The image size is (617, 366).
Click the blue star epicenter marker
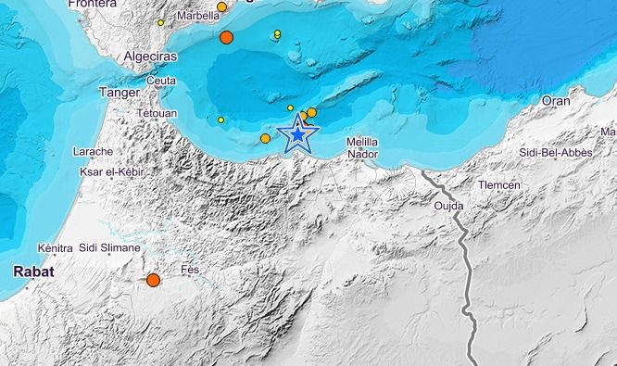(x=297, y=136)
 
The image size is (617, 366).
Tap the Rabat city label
(x=32, y=271)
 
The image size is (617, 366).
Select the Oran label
(x=556, y=101)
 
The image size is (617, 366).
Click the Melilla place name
(x=361, y=142)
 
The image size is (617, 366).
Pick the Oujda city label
(x=448, y=206)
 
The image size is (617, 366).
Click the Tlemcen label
(x=501, y=184)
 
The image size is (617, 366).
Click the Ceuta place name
(x=161, y=81)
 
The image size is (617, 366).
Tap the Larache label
(x=93, y=151)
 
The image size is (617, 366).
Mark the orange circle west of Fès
(x=154, y=280)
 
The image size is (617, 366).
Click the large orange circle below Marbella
(x=227, y=38)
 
